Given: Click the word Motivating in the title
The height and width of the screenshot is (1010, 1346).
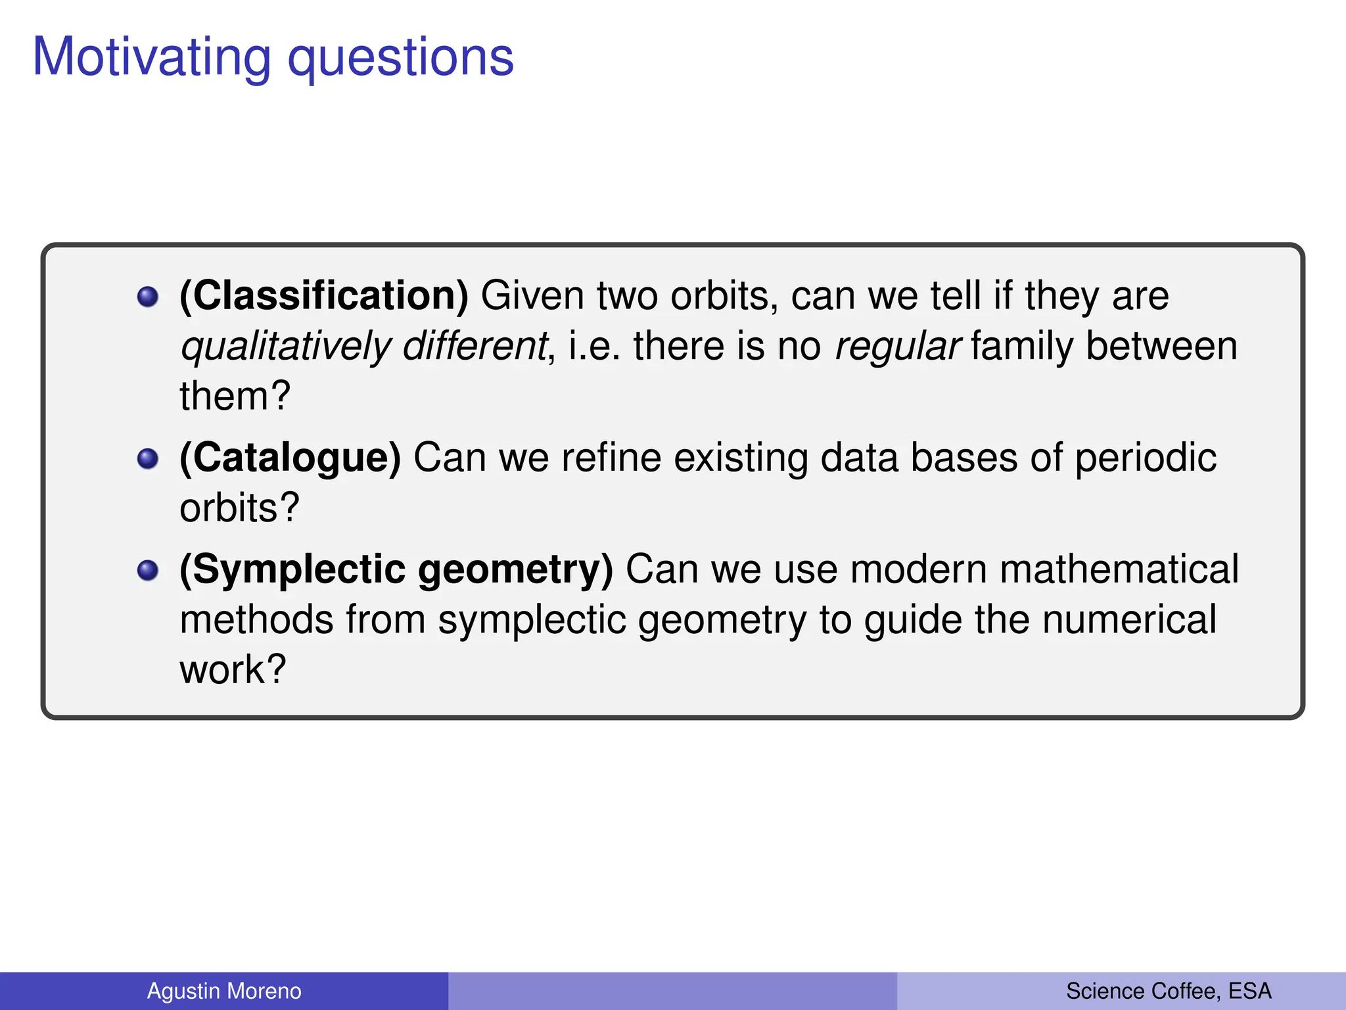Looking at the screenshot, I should (151, 58).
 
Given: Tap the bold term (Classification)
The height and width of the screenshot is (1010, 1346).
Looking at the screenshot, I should (324, 296).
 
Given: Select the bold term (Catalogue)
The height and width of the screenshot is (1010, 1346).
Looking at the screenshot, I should (290, 458).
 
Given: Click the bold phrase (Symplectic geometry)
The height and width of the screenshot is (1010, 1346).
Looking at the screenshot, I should (396, 569).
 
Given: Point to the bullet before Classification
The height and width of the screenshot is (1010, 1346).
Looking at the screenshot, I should (148, 297).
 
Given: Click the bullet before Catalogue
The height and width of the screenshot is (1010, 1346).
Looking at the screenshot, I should (148, 459).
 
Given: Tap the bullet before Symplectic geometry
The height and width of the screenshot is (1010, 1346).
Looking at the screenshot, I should (148, 571).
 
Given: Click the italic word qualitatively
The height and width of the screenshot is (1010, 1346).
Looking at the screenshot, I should (286, 347).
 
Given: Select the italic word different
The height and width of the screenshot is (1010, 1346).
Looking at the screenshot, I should (475, 346).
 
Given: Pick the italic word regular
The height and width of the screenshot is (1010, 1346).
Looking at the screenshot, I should (897, 347).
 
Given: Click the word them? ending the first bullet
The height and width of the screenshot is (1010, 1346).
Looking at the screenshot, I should (235, 397).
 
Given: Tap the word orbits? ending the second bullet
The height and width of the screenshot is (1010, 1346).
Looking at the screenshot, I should (239, 508).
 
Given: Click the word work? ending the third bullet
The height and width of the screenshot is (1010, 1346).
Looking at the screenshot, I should (233, 670).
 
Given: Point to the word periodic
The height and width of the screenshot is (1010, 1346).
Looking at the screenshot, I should (1146, 459).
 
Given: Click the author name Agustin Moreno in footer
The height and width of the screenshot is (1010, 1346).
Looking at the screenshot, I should (224, 991).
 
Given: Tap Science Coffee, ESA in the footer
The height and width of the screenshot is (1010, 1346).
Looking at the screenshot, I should (1169, 991).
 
